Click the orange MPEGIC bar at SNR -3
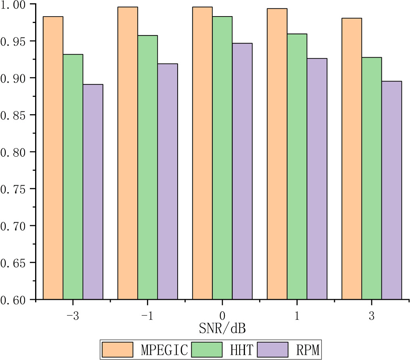tap(53, 157)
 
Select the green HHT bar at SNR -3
tap(73, 177)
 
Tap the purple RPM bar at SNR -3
tap(93, 192)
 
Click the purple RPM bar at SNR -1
tap(167, 182)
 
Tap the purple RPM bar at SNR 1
tap(317, 179)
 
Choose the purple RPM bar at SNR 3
tap(391, 190)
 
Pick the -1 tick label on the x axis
tap(147, 316)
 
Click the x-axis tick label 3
tap(371, 316)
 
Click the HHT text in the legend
tap(242, 350)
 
